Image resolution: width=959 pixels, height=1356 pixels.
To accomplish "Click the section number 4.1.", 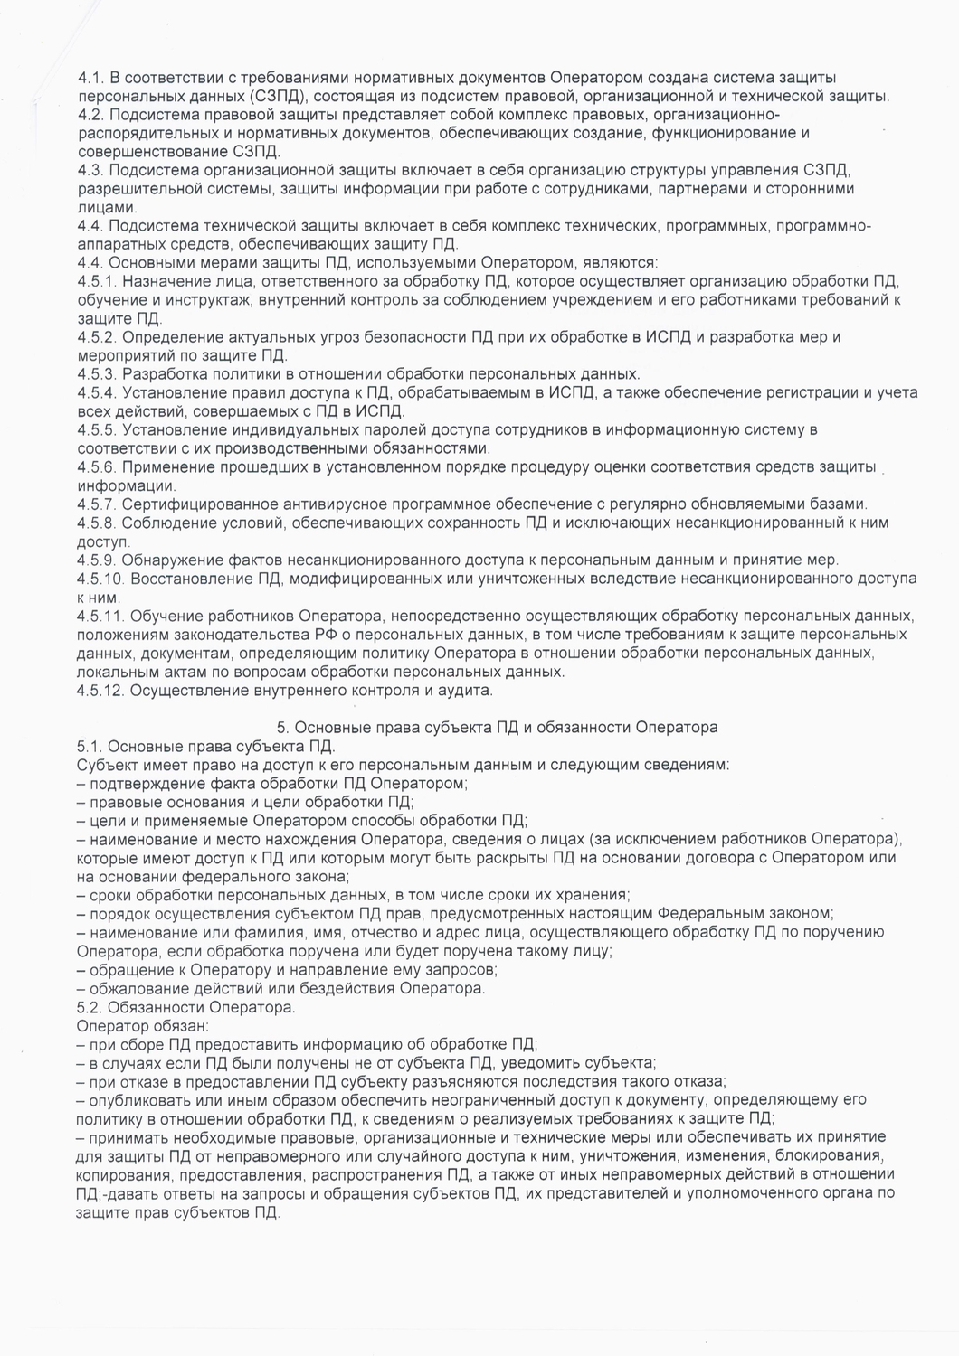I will (93, 78).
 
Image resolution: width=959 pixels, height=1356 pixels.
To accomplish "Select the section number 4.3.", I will (93, 171).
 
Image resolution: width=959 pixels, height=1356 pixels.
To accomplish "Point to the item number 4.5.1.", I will (97, 281).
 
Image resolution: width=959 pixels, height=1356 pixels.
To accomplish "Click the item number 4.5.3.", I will (97, 373).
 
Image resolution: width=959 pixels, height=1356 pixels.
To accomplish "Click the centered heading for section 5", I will (497, 726).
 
